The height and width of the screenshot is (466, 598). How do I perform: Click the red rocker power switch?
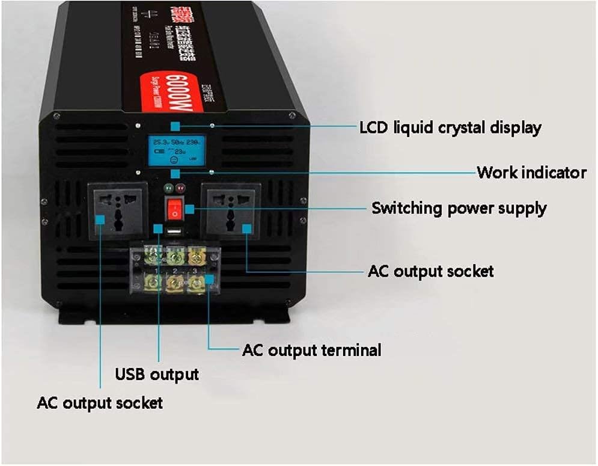pyautogui.click(x=174, y=208)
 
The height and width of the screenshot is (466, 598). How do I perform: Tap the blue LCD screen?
pyautogui.click(x=175, y=150)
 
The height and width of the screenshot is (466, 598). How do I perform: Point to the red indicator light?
pyautogui.click(x=180, y=188)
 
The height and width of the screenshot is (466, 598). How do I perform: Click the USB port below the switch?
pyautogui.click(x=174, y=231)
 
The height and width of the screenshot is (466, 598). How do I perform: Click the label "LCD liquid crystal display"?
pyautogui.click(x=450, y=127)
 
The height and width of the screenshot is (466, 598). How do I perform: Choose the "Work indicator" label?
pyautogui.click(x=531, y=173)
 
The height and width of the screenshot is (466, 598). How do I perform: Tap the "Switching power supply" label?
pyautogui.click(x=459, y=209)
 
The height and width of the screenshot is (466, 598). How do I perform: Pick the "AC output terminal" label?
pyautogui.click(x=311, y=350)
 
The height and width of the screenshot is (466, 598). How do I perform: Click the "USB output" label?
pyautogui.click(x=157, y=375)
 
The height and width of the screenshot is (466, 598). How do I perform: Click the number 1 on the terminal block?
pyautogui.click(x=157, y=271)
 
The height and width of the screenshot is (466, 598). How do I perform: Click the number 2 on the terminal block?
pyautogui.click(x=175, y=271)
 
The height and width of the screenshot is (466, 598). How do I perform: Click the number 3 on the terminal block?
pyautogui.click(x=193, y=271)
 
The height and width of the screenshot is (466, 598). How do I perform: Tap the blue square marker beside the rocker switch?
pyautogui.click(x=190, y=209)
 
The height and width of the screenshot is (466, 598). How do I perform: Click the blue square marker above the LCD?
pyautogui.click(x=175, y=126)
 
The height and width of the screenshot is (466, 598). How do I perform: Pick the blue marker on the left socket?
pyautogui.click(x=100, y=220)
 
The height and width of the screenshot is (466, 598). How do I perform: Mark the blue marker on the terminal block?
pyautogui.click(x=209, y=280)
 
